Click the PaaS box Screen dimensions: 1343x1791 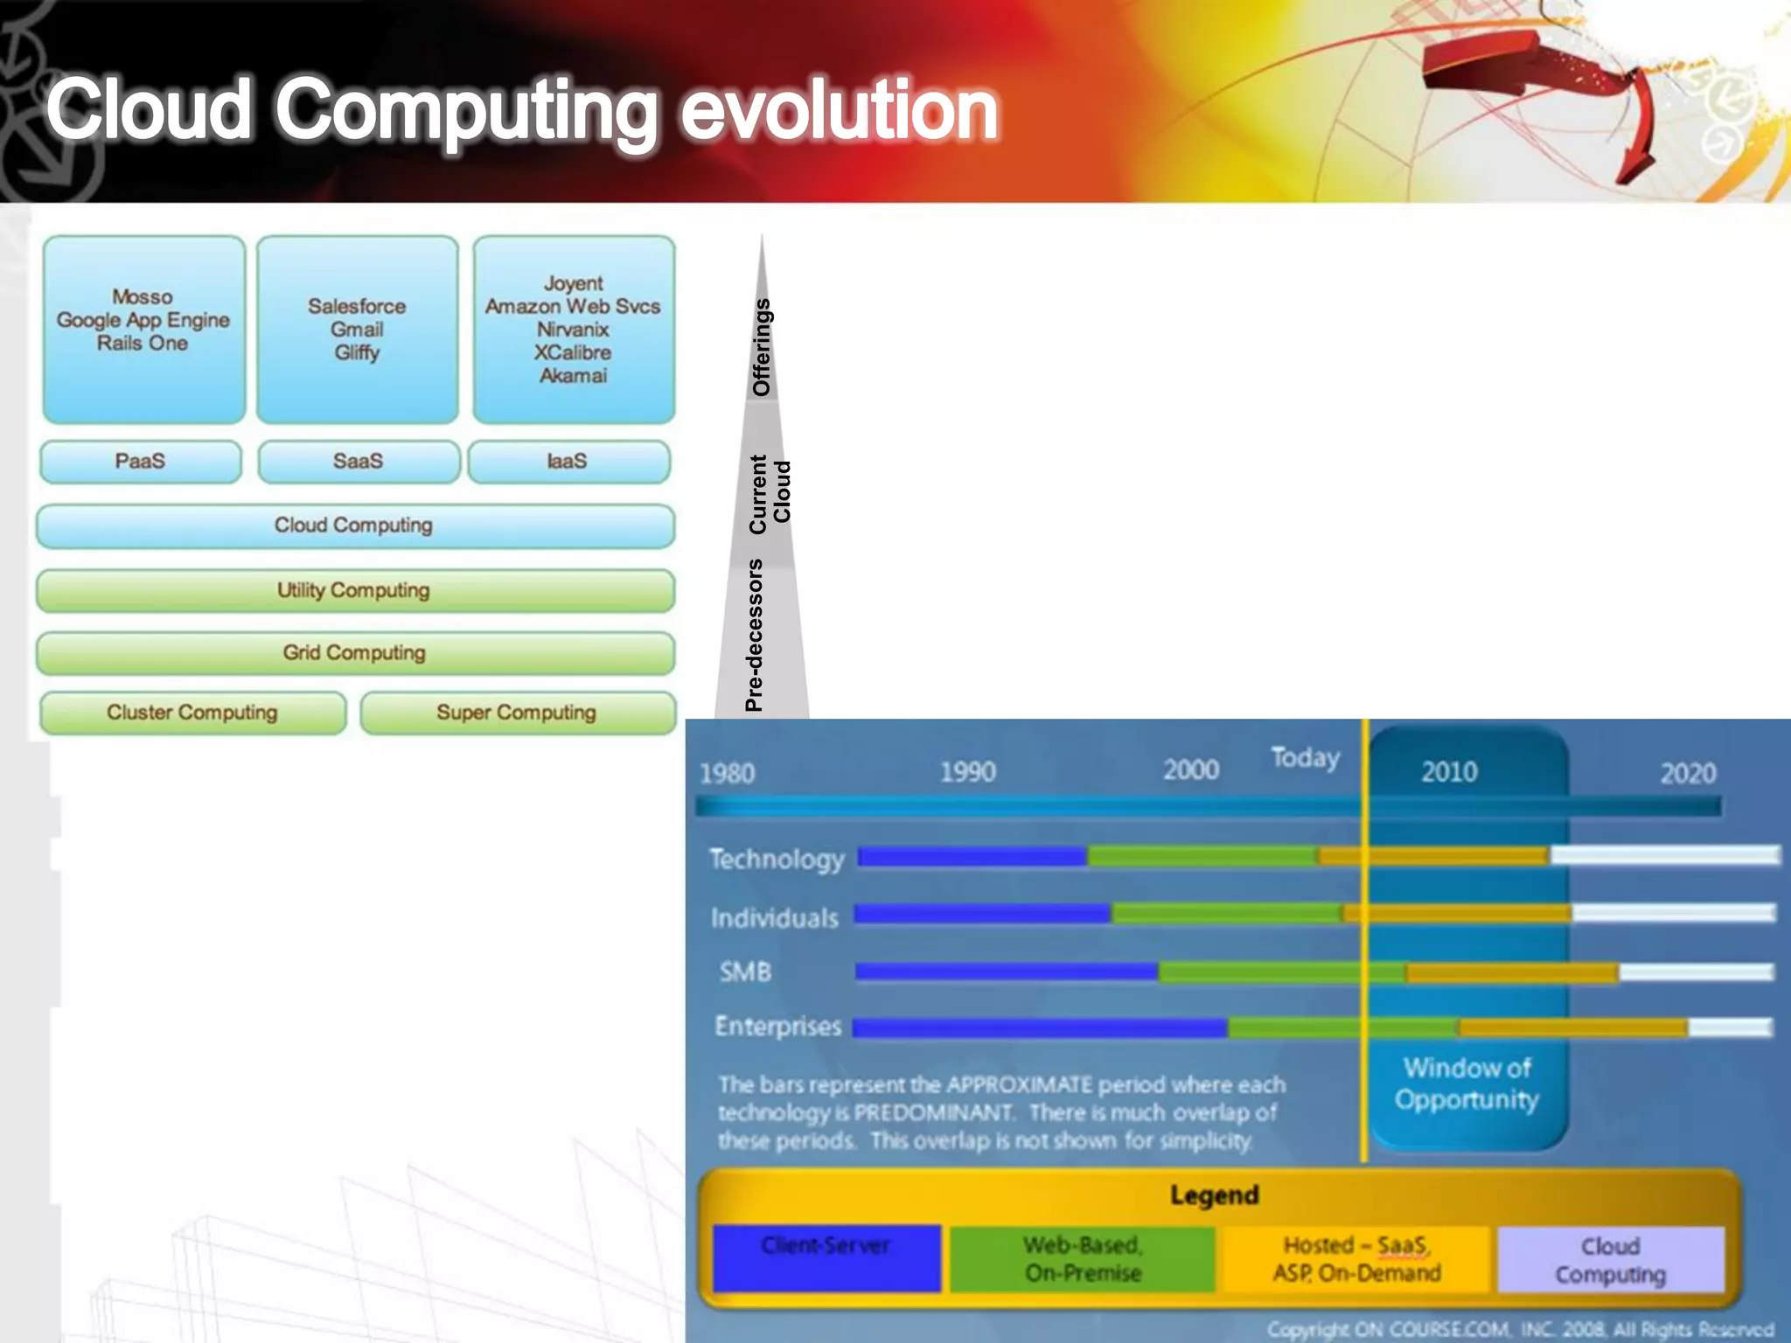(x=141, y=462)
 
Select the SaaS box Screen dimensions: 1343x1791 (x=359, y=462)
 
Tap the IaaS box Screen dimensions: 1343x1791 (x=568, y=462)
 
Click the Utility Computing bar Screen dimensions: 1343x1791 (x=354, y=591)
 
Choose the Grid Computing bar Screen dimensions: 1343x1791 (x=354, y=653)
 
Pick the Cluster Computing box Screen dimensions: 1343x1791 (x=192, y=713)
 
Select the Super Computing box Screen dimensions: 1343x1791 (x=517, y=713)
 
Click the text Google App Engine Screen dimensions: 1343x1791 (x=143, y=320)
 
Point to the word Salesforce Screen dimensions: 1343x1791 (x=357, y=306)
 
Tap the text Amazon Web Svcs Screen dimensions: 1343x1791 (x=573, y=306)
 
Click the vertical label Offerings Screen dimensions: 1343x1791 (x=762, y=347)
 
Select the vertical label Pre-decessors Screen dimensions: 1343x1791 (x=754, y=636)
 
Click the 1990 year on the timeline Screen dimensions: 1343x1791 (x=968, y=772)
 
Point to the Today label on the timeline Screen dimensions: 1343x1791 (x=1305, y=757)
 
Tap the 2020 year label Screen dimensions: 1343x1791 (x=1688, y=773)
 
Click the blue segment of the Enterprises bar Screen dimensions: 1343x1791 (x=1041, y=1028)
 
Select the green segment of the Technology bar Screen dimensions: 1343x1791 (x=1202, y=856)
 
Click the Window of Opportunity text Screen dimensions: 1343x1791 (x=1467, y=1083)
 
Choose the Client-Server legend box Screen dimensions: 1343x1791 (x=826, y=1258)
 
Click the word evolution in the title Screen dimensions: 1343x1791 (x=839, y=110)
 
